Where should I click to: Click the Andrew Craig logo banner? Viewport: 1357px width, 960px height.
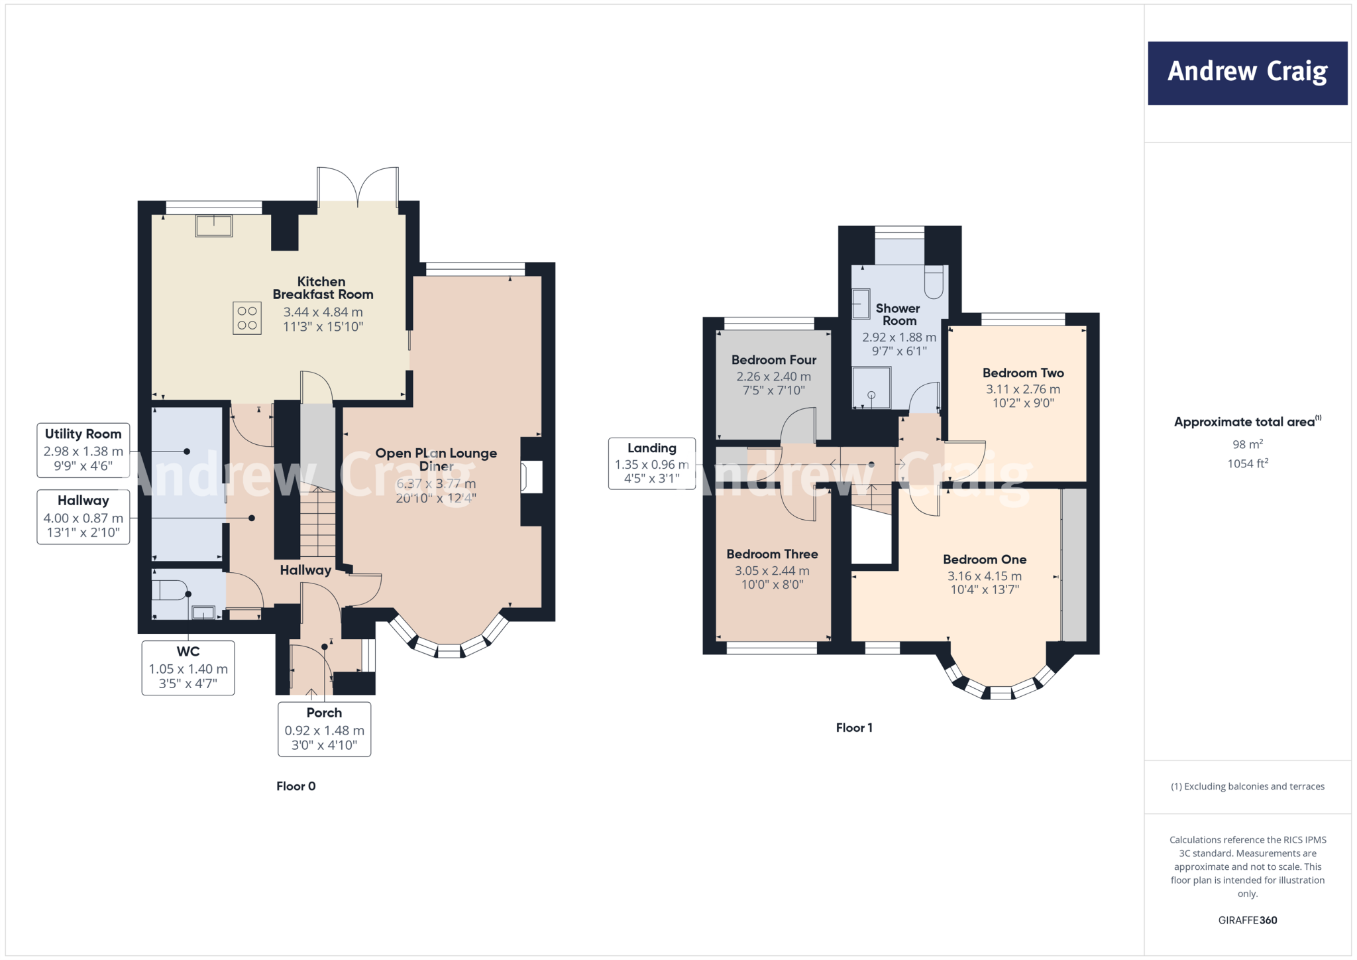click(x=1247, y=73)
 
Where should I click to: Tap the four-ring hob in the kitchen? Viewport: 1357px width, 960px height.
click(x=247, y=318)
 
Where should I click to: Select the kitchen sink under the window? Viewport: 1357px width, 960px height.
click(x=214, y=226)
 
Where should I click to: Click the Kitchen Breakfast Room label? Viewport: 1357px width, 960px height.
click(x=323, y=288)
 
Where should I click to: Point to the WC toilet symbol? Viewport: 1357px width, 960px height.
click(x=170, y=590)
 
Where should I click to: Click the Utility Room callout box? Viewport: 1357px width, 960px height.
click(x=83, y=450)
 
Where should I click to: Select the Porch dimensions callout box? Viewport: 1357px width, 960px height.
click(x=324, y=729)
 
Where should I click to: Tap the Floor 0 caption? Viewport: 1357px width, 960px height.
click(x=296, y=786)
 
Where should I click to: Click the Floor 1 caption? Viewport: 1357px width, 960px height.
click(x=854, y=728)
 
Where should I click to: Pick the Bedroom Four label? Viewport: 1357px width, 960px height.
click(x=773, y=360)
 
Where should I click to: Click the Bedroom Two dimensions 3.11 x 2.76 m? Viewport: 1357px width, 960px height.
click(x=1022, y=389)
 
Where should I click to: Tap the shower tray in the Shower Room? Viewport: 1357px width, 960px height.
click(x=871, y=388)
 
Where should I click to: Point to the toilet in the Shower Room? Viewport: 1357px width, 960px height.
click(x=934, y=282)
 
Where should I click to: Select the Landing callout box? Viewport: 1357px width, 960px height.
click(x=651, y=463)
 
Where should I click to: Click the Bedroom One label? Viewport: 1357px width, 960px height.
click(x=985, y=560)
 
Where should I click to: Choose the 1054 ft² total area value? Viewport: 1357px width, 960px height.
click(x=1247, y=464)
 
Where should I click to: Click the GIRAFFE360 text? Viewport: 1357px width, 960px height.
click(x=1247, y=920)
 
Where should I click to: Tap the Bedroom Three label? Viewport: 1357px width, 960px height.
click(x=772, y=554)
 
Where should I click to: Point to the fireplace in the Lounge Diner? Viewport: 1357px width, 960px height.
click(x=531, y=477)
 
